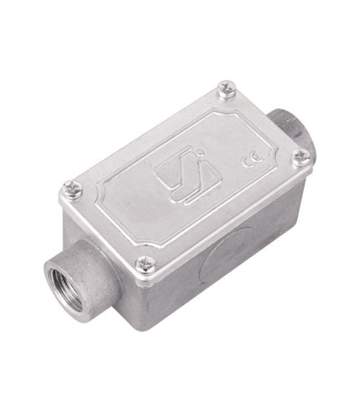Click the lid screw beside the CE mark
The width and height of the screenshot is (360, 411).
(301, 157)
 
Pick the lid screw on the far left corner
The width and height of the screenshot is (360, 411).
(73, 188)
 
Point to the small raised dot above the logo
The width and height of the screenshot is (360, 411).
(201, 151)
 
